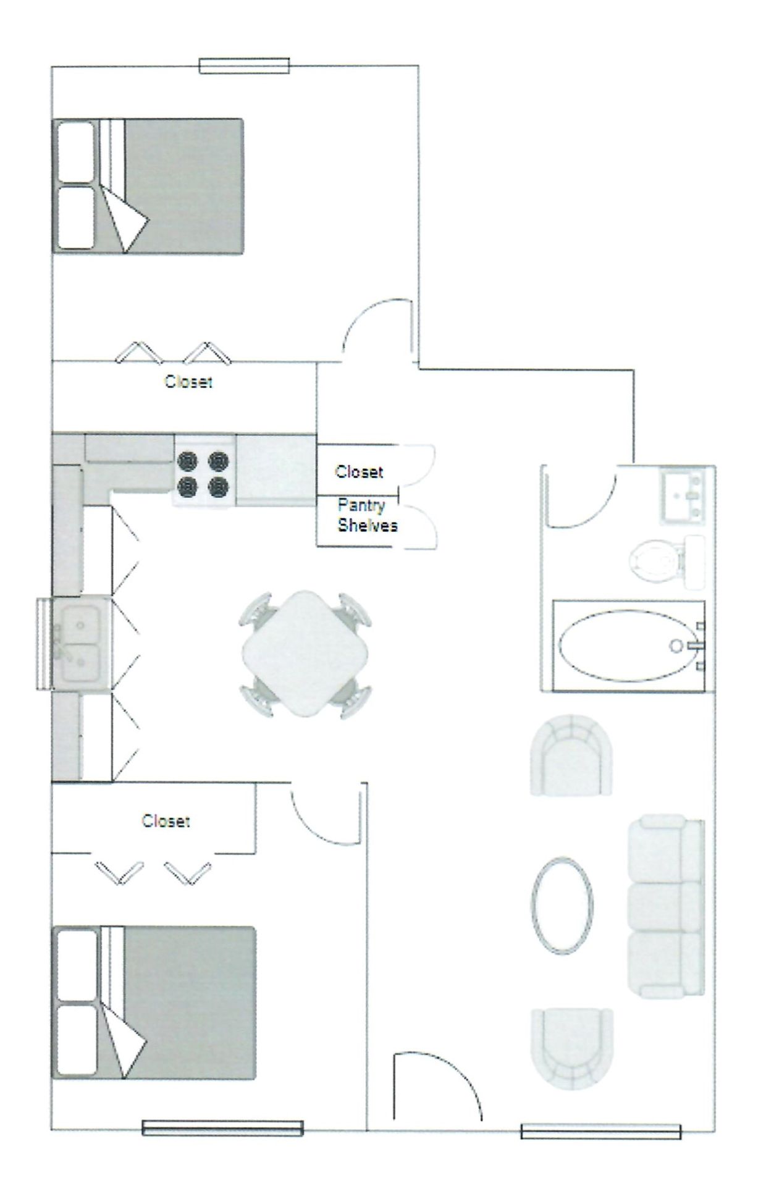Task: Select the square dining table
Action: point(305,654)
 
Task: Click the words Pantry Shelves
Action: point(366,516)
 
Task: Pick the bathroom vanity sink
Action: point(684,496)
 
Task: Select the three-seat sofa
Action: point(666,905)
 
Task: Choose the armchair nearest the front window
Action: point(571,1048)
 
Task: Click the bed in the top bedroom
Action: point(148,185)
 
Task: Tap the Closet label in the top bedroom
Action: point(188,382)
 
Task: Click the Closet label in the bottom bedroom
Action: point(166,821)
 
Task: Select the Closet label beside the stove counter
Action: point(359,472)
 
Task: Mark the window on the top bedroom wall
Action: point(244,65)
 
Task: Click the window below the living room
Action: point(600,1131)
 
